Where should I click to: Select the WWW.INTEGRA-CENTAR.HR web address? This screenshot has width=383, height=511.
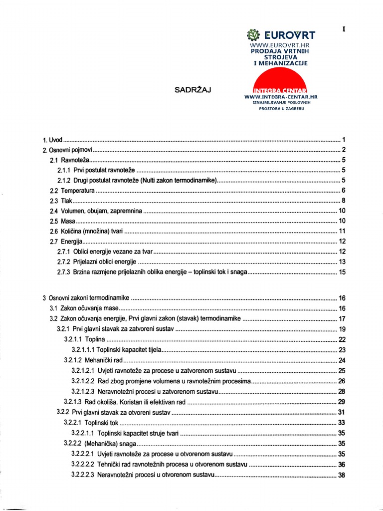coord(281,96)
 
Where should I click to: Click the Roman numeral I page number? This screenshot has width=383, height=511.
coord(344,29)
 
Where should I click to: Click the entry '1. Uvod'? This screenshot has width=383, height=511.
coord(52,140)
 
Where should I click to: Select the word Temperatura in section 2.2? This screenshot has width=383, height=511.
coord(78,191)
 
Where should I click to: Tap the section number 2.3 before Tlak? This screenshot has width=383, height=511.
coord(54,201)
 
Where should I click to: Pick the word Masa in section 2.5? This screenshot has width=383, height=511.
coord(68,221)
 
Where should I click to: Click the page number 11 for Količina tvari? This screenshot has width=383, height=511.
coord(342,231)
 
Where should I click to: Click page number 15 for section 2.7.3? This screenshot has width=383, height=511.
coord(342,272)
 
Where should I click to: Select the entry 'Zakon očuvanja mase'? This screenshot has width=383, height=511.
coord(90,308)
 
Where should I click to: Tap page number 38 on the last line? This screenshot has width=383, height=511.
coord(342,475)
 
